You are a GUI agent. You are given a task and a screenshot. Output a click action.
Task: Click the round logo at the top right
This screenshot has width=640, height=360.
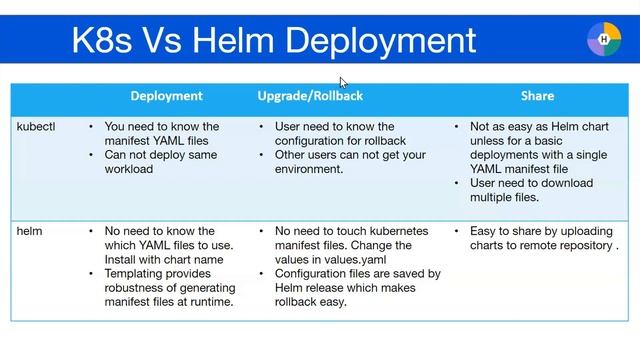coord(603,39)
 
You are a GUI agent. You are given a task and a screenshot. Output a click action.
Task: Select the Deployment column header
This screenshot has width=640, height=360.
coord(166,96)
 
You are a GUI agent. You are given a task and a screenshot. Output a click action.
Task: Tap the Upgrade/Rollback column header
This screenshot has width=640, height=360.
coord(310,96)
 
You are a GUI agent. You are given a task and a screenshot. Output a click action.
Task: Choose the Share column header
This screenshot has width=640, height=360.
coord(537,96)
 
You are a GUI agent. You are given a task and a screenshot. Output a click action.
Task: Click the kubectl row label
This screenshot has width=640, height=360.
coord(36,127)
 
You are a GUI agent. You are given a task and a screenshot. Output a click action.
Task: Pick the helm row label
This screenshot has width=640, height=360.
coord(30,231)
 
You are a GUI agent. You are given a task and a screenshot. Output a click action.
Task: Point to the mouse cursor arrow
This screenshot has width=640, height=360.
coord(343,83)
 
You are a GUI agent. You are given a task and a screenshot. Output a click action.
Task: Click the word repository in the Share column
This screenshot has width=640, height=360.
coord(585,245)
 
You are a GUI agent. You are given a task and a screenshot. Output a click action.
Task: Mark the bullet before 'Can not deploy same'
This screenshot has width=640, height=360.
coord(91,155)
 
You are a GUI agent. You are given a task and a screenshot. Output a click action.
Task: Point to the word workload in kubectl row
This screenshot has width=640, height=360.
coord(129,169)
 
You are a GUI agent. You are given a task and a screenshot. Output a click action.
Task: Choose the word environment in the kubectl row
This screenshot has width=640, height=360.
coord(308,169)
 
